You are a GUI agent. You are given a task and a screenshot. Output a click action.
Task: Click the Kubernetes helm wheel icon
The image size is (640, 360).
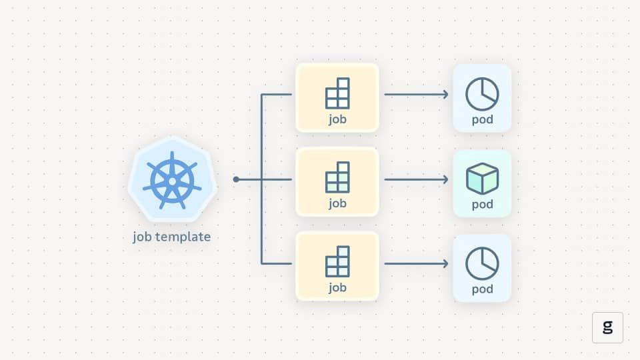point(172,181)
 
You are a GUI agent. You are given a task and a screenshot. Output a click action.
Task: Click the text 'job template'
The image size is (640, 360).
point(172,237)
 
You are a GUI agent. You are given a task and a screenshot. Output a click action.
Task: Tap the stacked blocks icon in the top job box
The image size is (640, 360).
point(337,93)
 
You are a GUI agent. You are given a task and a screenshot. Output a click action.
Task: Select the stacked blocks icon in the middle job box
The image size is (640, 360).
point(337,177)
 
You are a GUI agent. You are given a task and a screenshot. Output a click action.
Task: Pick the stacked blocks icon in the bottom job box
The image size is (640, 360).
point(337,261)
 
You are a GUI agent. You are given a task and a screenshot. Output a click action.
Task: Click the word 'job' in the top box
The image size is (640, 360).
point(337,119)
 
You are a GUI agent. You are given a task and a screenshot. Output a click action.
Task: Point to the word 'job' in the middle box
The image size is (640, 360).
point(337,203)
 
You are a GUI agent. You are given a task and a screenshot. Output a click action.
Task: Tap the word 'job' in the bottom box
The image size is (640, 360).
point(337,288)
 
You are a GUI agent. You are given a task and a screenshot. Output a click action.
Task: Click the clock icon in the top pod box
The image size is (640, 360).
point(482,94)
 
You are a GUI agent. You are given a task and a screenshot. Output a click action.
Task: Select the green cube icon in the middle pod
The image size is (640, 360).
point(482,179)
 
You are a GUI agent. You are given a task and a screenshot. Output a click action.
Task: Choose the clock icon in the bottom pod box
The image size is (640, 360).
point(482,263)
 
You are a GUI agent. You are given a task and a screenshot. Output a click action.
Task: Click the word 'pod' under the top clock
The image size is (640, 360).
point(483,119)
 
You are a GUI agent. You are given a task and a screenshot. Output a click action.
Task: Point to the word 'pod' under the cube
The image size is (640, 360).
point(483,204)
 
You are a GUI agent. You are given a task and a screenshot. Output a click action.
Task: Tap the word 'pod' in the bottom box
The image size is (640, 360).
point(483,289)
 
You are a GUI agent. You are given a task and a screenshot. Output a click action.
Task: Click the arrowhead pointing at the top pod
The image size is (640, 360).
point(446,94)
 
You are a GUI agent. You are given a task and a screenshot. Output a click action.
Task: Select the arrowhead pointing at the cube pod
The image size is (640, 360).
point(446,179)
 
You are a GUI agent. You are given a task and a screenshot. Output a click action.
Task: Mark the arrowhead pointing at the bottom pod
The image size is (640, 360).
point(446,264)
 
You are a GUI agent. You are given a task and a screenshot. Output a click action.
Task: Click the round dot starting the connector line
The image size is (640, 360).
point(236,179)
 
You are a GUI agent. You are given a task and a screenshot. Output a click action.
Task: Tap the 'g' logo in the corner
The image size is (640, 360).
point(608,327)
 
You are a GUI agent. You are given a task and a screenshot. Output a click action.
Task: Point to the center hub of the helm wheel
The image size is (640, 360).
point(172,181)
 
